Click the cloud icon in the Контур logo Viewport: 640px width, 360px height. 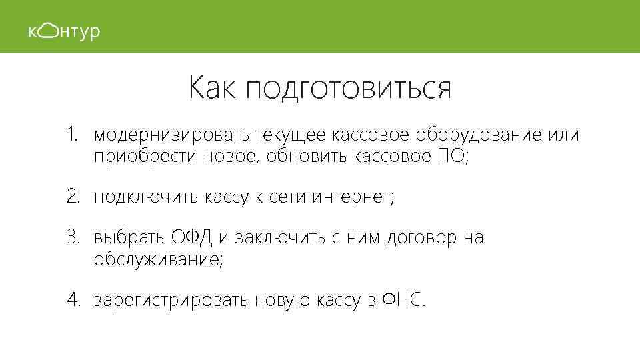tap(47, 31)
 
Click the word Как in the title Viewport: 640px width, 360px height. tap(211, 88)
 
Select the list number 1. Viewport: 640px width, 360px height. tap(73, 135)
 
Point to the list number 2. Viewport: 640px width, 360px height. tap(73, 197)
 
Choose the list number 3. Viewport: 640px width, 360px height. tap(73, 237)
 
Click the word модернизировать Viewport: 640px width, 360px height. tap(172, 137)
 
